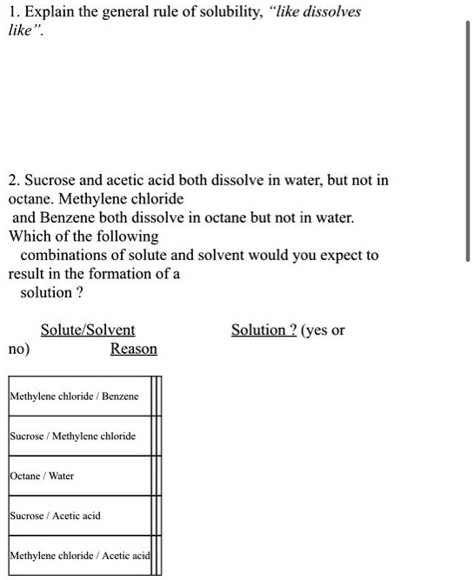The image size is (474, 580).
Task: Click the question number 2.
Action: [13, 181]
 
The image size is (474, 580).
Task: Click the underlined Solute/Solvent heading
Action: [88, 330]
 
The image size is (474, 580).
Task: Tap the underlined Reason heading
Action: [134, 349]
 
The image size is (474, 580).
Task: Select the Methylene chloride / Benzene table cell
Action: [74, 397]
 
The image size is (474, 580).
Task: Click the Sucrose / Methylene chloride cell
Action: [73, 436]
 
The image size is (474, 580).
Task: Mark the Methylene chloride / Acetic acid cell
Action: [79, 555]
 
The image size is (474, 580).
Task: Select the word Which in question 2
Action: [29, 237]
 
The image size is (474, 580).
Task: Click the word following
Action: [128, 237]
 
